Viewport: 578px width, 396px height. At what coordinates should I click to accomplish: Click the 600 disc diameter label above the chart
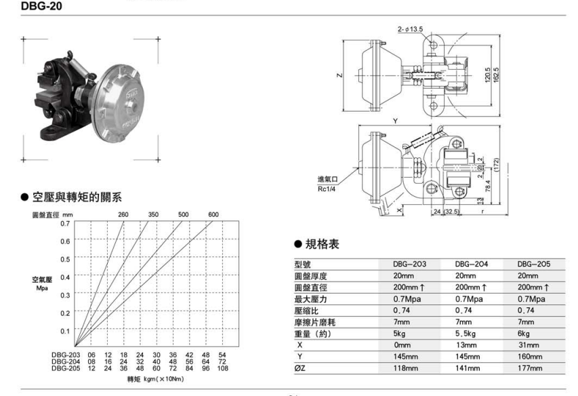click(x=213, y=215)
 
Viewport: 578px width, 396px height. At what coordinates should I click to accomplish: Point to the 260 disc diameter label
click(x=123, y=215)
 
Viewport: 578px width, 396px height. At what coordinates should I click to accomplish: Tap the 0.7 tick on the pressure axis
click(x=65, y=223)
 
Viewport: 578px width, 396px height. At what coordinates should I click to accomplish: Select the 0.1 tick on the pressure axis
click(x=65, y=331)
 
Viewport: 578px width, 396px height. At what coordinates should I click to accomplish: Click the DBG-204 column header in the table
click(x=472, y=263)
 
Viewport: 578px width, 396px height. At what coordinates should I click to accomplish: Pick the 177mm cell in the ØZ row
click(x=530, y=368)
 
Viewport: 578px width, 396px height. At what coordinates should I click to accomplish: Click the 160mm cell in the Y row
click(x=530, y=357)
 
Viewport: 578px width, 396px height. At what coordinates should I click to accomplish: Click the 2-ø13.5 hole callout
click(x=413, y=30)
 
